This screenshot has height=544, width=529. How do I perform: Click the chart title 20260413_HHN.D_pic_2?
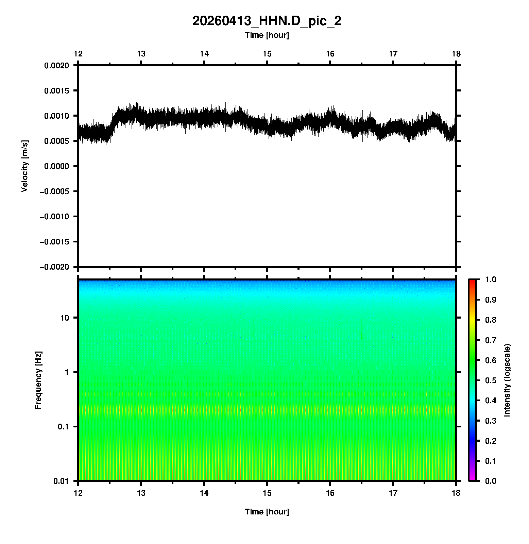pyautogui.click(x=267, y=21)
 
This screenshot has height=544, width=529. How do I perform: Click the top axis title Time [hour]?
pyautogui.click(x=267, y=35)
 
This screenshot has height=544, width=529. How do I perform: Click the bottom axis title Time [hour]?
pyautogui.click(x=267, y=512)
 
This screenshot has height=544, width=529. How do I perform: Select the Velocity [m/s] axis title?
pyautogui.click(x=24, y=166)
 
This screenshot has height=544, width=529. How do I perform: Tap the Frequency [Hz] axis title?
pyautogui.click(x=38, y=380)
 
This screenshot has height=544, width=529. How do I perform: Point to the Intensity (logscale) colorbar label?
pyautogui.click(x=507, y=380)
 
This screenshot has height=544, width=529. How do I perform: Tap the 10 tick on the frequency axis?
pyautogui.click(x=65, y=318)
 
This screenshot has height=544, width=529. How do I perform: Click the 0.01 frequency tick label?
pyautogui.click(x=62, y=481)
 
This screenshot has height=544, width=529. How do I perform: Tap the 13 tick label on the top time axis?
pyautogui.click(x=141, y=54)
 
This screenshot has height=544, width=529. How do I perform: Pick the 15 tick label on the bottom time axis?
pyautogui.click(x=267, y=493)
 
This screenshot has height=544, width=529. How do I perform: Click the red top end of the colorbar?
pyautogui.click(x=472, y=282)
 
